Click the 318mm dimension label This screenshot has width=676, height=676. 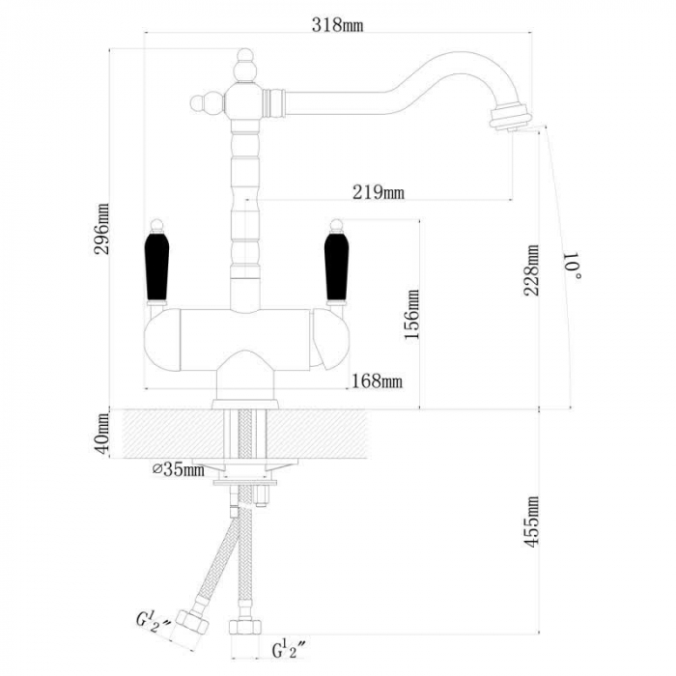pyautogui.click(x=337, y=25)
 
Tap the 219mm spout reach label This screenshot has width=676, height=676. pyautogui.click(x=379, y=192)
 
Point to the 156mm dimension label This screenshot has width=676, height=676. pyautogui.click(x=411, y=314)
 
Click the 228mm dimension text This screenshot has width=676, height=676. pyautogui.click(x=531, y=270)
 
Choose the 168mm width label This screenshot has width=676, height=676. pyautogui.click(x=378, y=381)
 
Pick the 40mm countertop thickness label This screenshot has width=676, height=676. pyautogui.click(x=103, y=434)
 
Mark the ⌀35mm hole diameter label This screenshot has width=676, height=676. pyautogui.click(x=179, y=469)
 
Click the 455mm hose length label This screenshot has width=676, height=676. pyautogui.click(x=531, y=521)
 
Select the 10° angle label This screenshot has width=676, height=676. pyautogui.click(x=573, y=266)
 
